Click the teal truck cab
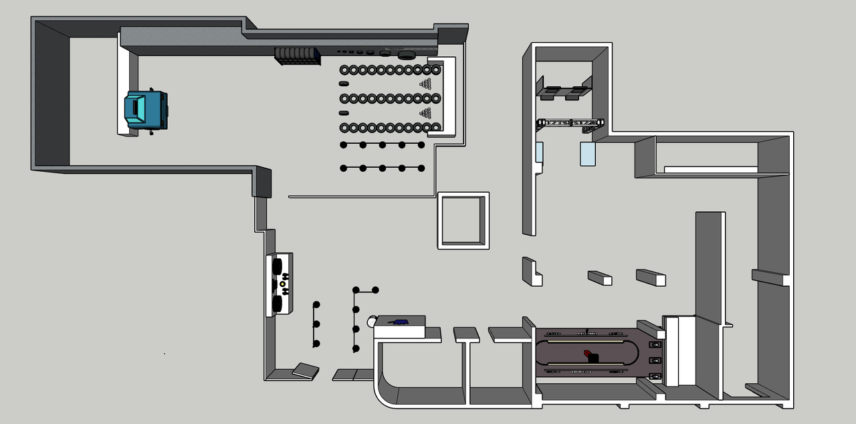point(146,110)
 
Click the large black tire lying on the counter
point(407,54)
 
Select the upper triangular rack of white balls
point(426,83)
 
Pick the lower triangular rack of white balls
point(426,112)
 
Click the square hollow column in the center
point(463,221)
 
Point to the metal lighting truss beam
point(570,123)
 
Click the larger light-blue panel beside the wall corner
point(587,154)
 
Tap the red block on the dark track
point(588,352)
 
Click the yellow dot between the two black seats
point(282,284)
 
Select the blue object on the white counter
point(401,322)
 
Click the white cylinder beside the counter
point(372,322)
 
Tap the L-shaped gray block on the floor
point(532,271)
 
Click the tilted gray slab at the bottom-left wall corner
point(306,370)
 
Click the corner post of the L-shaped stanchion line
point(356,290)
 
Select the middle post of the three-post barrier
point(316,324)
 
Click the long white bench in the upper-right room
point(710,169)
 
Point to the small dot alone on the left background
point(165,353)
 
